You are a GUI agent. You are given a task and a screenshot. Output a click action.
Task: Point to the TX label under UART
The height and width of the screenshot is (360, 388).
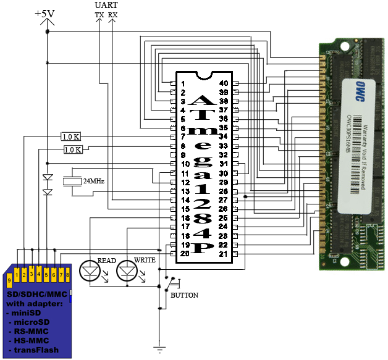[x=99, y=14]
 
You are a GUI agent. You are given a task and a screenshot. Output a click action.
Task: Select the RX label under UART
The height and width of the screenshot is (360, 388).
[x=112, y=14]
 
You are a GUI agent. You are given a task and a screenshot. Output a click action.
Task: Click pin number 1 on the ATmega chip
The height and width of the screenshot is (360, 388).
[x=183, y=83]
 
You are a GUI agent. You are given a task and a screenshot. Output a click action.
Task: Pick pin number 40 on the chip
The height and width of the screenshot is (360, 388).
[x=223, y=83]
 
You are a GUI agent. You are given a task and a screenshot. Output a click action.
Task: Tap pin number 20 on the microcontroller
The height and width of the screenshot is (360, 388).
[x=183, y=254]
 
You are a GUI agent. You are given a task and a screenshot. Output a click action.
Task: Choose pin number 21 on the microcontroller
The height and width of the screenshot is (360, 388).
[x=223, y=254]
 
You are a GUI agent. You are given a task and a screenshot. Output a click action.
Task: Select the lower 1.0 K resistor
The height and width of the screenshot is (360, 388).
[x=74, y=149]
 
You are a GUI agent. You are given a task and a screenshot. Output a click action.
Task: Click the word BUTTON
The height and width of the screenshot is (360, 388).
[x=184, y=295]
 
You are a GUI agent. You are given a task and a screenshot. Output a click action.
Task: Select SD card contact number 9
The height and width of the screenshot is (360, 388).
[x=9, y=281]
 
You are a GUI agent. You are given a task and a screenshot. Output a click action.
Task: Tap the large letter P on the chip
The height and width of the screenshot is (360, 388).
[x=203, y=248]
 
